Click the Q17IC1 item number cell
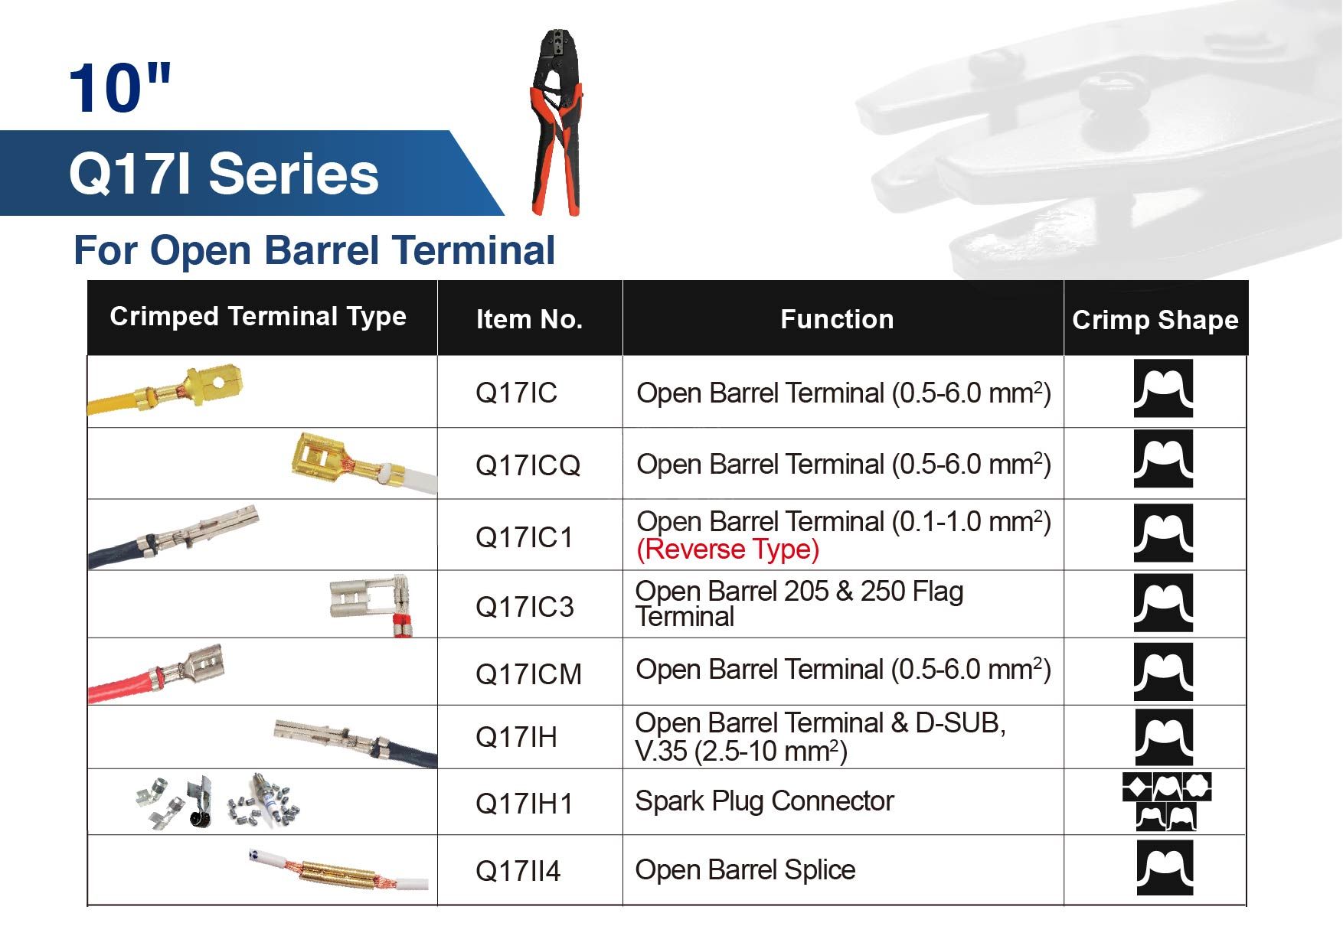pos(524,537)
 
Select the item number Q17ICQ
pos(528,465)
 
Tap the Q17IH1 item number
pos(524,804)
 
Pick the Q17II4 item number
pos(518,871)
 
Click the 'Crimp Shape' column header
pos(1155,320)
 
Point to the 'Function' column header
pos(837,319)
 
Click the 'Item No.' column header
pos(529,319)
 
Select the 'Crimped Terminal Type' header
pos(258,316)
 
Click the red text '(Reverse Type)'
pos(727,550)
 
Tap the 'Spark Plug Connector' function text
pos(764,801)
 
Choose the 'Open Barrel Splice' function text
pos(745,870)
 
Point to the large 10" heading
pos(120,88)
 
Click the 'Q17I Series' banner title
pos(224,174)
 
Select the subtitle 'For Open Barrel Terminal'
pos(314,250)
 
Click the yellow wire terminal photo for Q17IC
pos(166,390)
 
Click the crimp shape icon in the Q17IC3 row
pos(1163,603)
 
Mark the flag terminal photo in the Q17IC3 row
pos(371,605)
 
